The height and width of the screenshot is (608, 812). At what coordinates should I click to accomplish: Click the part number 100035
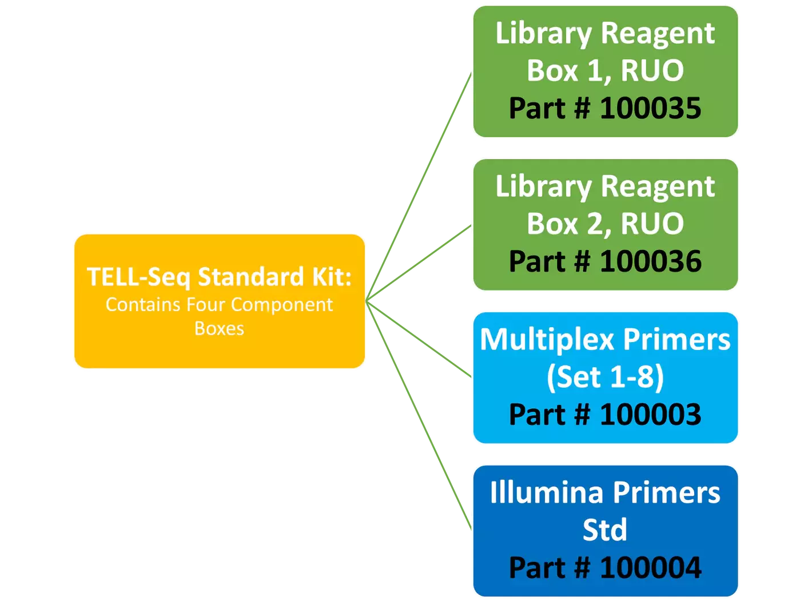[x=650, y=108]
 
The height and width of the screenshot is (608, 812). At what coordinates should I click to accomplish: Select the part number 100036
[x=650, y=261]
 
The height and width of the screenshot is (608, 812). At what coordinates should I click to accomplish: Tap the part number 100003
[x=650, y=415]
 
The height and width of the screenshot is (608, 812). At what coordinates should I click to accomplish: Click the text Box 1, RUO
[x=605, y=71]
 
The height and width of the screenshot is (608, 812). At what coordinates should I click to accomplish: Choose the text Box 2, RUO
[x=605, y=224]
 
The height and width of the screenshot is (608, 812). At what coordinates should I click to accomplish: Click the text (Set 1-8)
[x=605, y=377]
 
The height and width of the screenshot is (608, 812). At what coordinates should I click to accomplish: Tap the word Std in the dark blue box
[x=605, y=530]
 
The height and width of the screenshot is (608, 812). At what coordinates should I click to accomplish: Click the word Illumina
[x=546, y=492]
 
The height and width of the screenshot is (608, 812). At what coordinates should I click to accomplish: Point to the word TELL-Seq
[x=138, y=277]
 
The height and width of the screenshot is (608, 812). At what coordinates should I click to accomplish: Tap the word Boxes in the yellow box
[x=219, y=329]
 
